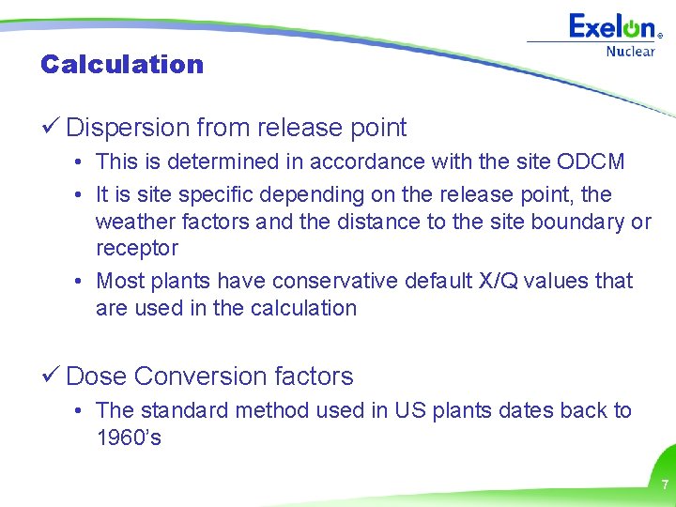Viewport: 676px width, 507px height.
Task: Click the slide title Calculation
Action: [122, 65]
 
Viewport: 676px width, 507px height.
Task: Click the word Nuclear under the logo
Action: [630, 52]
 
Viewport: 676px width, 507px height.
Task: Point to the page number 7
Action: [665, 485]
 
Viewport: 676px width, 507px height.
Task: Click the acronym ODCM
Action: [590, 161]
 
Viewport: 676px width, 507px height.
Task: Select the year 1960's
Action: [129, 438]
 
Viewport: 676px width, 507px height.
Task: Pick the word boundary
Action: [579, 222]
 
